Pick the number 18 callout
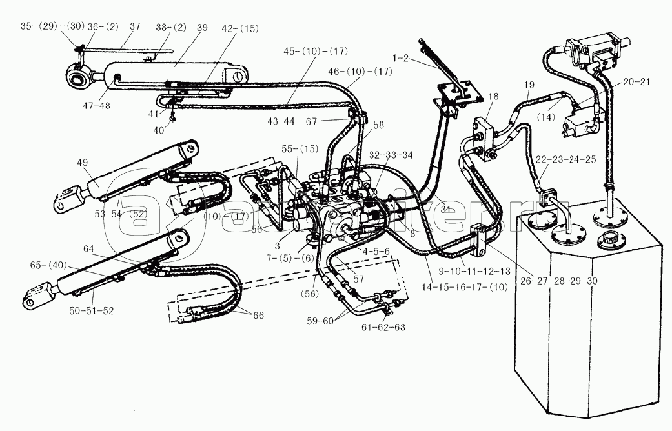point(493,96)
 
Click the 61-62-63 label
point(383,326)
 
